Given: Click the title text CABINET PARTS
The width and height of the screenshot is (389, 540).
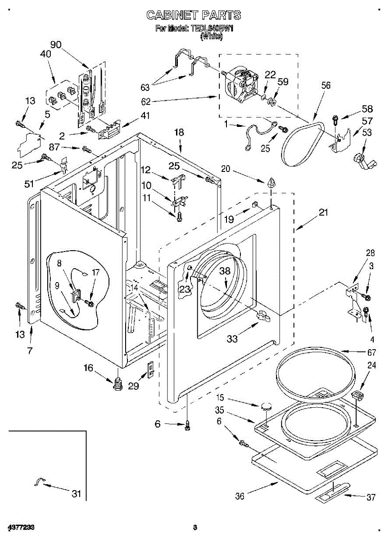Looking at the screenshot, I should [194, 15].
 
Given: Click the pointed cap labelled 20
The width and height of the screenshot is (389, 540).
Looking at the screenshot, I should [271, 183].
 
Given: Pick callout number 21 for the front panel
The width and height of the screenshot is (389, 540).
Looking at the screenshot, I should [323, 213].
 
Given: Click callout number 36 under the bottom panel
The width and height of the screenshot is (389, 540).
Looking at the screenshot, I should [240, 496].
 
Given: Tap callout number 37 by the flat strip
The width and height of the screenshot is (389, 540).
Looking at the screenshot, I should [371, 497].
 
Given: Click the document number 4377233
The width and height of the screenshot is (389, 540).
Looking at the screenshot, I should [21, 527].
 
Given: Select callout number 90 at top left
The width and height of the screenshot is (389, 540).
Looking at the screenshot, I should [56, 45].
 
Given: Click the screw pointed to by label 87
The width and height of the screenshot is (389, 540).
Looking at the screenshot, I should [86, 148].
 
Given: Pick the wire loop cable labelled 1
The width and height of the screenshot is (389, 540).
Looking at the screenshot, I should [257, 133].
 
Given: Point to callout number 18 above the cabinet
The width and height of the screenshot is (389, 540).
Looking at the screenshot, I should [179, 132].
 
